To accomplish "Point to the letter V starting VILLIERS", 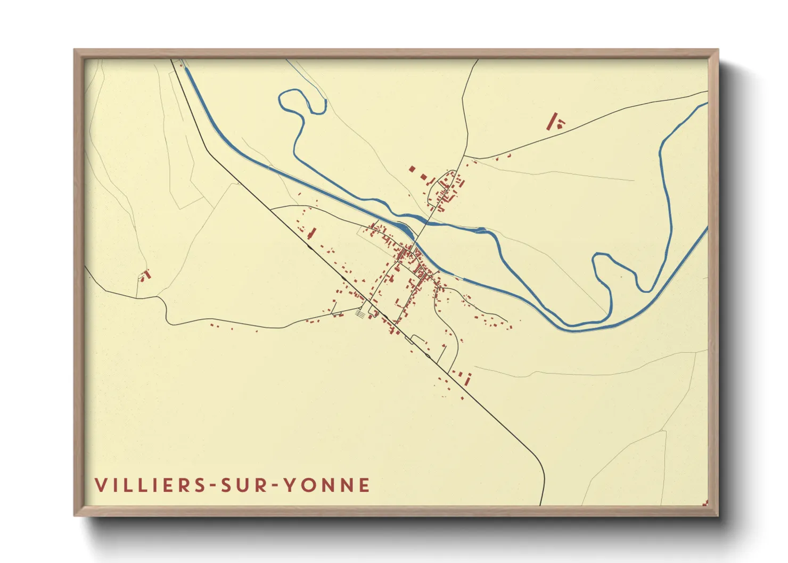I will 101,485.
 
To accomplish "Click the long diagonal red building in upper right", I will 553,121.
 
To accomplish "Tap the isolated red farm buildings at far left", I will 145,275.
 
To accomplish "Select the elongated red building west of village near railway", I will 313,233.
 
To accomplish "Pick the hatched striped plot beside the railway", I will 361,314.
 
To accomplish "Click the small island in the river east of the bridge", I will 480,230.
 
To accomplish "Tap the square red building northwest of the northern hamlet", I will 412,169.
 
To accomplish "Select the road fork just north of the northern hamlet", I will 464,158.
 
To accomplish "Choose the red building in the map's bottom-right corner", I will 705,502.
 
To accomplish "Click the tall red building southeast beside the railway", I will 468,379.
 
